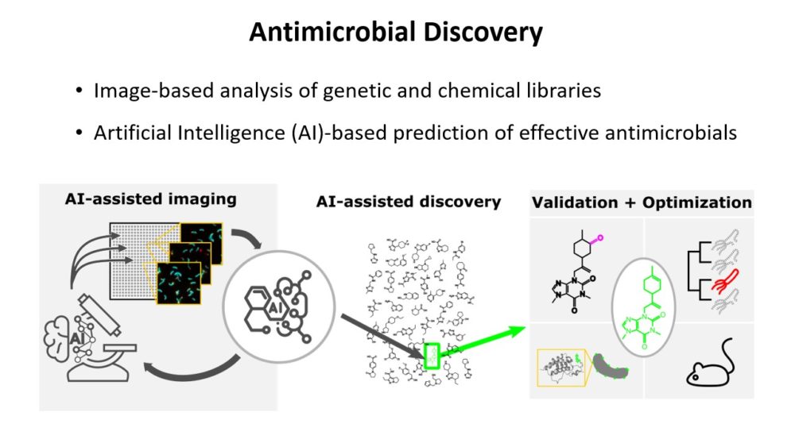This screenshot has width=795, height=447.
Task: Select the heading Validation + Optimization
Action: point(641,202)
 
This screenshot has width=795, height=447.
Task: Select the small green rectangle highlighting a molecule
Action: point(432,354)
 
